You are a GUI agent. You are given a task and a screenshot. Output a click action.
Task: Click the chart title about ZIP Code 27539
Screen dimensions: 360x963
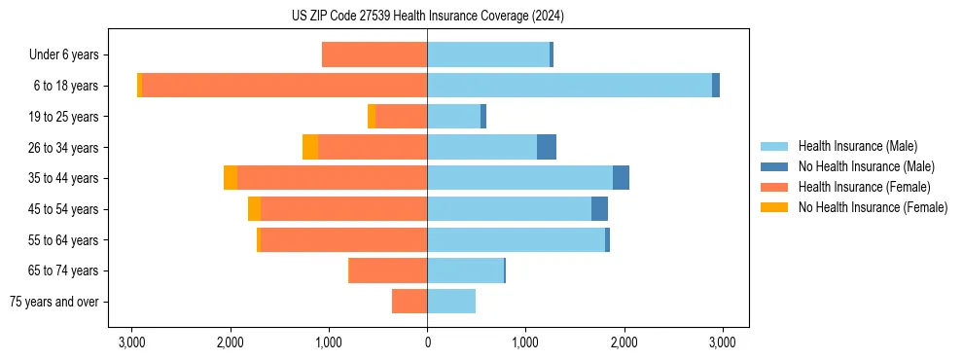[427, 17]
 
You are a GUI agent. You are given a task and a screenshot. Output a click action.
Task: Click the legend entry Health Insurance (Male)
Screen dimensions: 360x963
[857, 146]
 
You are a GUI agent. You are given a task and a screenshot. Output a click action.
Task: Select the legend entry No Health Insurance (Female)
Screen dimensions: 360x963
[873, 207]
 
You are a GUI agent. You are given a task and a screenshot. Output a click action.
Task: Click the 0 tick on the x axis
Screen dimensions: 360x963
[427, 342]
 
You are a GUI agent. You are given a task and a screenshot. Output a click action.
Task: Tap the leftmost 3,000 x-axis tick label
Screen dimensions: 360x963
[131, 342]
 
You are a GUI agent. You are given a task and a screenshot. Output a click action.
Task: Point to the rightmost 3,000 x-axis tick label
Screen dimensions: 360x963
[722, 342]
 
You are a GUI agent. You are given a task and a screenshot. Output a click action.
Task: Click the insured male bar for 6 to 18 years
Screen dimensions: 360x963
[569, 86]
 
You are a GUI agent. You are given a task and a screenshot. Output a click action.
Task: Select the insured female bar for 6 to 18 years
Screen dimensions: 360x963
[284, 86]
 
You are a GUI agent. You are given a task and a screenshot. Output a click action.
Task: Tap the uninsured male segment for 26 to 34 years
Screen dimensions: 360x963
[547, 147]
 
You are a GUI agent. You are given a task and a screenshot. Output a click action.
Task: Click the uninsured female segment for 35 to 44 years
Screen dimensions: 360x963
[231, 178]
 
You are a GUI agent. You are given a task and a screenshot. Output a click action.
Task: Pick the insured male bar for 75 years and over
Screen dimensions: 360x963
[451, 302]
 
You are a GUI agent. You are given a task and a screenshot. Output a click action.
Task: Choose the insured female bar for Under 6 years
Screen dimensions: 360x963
[374, 55]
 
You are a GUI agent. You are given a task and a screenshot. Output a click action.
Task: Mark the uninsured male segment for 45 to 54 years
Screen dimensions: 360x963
[599, 209]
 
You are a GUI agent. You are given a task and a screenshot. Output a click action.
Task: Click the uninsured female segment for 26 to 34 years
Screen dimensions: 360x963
[310, 147]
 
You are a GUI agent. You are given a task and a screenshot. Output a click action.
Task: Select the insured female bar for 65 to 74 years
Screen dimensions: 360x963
[388, 270]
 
